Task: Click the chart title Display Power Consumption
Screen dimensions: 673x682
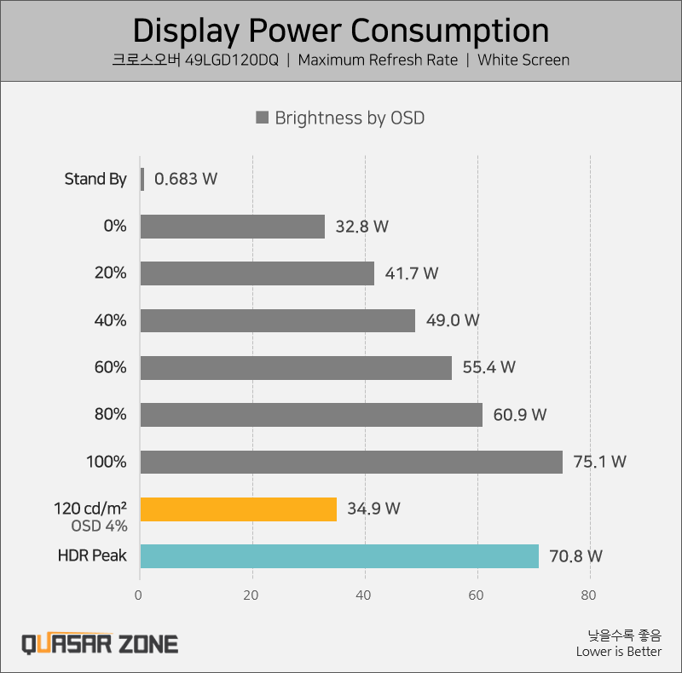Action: [341, 31]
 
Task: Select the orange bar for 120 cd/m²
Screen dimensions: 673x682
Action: [238, 509]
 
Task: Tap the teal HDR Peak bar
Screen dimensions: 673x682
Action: [339, 556]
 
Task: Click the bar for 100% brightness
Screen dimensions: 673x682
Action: [351, 462]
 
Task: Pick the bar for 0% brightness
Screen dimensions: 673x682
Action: [233, 227]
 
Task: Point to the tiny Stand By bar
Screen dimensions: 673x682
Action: [142, 179]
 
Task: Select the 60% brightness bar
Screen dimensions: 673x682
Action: [296, 367]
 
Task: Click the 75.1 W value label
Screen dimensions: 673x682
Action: [599, 462]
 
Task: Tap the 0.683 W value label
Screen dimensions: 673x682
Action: [185, 179]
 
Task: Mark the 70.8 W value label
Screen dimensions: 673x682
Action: [575, 556]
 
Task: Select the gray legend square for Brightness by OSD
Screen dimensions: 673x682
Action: [263, 118]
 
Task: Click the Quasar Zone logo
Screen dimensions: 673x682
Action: [99, 642]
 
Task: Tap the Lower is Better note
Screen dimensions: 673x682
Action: [618, 652]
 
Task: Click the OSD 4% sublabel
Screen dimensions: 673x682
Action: [98, 526]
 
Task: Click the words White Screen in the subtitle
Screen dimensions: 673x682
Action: [523, 60]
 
